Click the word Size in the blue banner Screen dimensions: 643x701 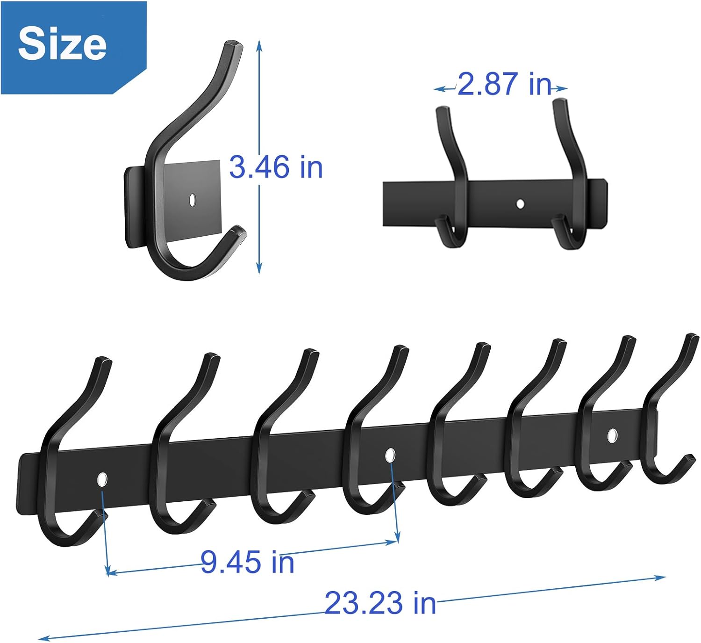click(62, 44)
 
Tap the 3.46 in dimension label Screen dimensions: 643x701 click(276, 167)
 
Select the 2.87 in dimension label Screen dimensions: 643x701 click(505, 84)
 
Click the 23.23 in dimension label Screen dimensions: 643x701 click(380, 603)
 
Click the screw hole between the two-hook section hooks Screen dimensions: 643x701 click(520, 203)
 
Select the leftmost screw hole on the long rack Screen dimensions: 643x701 click(102, 479)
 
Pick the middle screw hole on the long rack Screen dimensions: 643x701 click(390, 455)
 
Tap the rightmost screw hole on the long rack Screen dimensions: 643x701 click(611, 435)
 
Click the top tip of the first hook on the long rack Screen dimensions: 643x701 click(103, 360)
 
